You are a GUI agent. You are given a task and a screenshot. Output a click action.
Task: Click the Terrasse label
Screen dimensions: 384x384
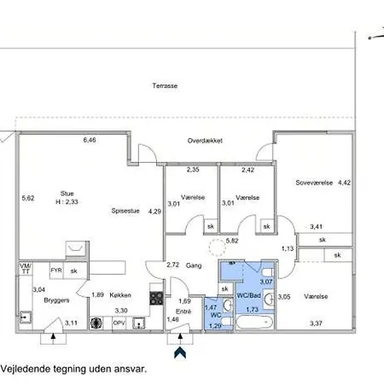coord(165,86)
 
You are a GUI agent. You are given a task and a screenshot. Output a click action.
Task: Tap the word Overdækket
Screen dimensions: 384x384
coord(205,141)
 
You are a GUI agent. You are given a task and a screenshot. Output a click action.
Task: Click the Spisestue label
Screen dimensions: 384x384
coord(125,211)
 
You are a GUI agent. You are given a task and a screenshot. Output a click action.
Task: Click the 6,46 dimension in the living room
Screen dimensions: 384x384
coord(90,139)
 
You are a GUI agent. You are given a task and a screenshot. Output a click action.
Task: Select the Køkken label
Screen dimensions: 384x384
coord(120,295)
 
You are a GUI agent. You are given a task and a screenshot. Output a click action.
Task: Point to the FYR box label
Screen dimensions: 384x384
coord(55,271)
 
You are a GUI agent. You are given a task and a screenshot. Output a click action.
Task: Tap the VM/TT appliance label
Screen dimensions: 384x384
coord(24,271)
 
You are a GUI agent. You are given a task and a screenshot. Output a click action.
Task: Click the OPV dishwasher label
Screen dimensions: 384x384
coord(119,323)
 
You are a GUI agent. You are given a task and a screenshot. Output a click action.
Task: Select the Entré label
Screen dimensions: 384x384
coord(184,312)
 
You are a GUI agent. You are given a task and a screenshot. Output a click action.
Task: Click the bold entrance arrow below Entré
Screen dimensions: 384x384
coord(178,350)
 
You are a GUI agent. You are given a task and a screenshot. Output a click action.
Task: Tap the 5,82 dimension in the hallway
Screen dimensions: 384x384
coord(231,241)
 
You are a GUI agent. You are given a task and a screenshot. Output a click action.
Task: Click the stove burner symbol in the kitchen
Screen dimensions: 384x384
coord(156,298)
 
